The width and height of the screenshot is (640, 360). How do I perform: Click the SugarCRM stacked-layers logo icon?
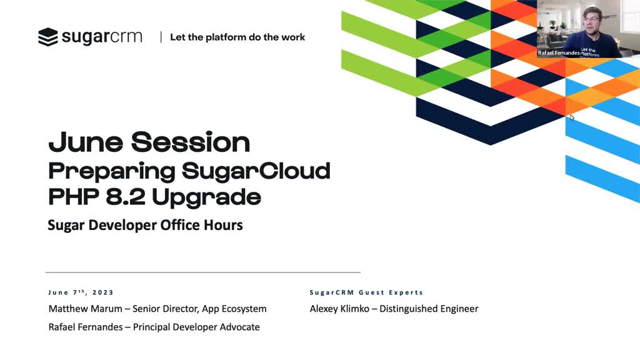(47, 37)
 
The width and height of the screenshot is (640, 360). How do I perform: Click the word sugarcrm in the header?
(102, 37)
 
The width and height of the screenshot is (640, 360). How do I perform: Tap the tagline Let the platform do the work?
(237, 37)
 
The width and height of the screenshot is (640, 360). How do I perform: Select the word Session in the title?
(190, 142)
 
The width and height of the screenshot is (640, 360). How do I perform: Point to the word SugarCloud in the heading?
(256, 171)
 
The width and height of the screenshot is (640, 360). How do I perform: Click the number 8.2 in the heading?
(125, 197)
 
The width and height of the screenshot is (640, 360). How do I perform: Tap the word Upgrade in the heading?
(206, 198)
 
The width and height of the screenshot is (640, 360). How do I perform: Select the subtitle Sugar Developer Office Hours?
(145, 225)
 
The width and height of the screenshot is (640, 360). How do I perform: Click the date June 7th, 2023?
(81, 292)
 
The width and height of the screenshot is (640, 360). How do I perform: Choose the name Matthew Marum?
(85, 309)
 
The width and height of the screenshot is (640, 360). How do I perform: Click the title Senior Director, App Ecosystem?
(199, 309)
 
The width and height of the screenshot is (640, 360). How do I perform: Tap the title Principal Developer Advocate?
(196, 327)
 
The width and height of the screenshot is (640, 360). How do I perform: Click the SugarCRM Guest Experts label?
(366, 292)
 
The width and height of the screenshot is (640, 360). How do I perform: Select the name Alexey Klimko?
(339, 309)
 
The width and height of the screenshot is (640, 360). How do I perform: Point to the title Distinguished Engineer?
(429, 309)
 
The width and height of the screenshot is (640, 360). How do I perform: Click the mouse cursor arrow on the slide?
(572, 117)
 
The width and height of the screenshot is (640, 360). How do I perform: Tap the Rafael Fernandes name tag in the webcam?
(558, 53)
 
